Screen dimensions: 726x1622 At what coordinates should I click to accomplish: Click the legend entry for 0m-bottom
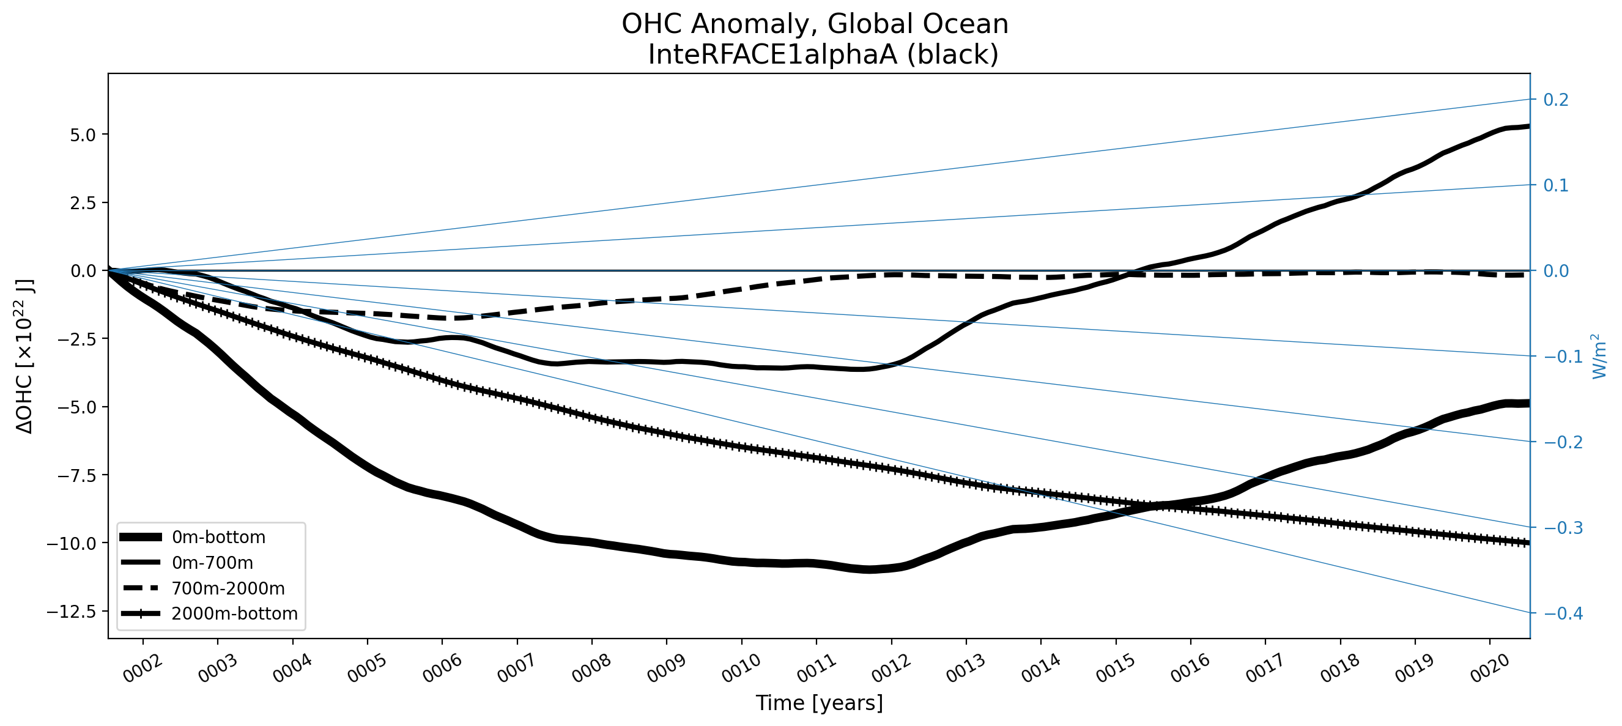218,537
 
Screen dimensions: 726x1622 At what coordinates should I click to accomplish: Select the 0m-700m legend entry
212,563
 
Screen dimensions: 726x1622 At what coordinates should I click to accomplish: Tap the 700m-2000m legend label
228,588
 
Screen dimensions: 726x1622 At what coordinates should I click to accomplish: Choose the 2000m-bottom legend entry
234,613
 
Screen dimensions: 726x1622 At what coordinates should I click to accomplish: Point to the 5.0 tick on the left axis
83,135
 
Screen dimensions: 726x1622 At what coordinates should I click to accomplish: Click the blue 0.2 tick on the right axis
1556,100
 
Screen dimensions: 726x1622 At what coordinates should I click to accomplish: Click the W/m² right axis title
1599,357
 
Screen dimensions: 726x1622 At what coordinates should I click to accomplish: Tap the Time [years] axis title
819,703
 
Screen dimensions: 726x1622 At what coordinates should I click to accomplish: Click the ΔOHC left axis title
25,357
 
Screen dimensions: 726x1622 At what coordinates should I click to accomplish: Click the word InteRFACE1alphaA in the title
772,55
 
